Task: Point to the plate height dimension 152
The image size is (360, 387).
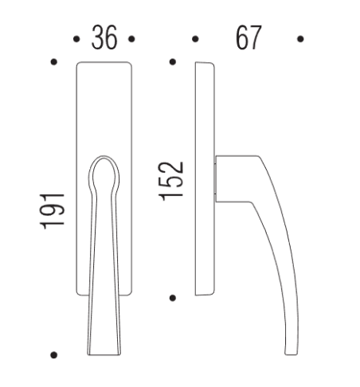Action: [174, 182]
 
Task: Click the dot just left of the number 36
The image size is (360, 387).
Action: [76, 37]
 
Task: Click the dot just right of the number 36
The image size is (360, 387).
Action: [131, 37]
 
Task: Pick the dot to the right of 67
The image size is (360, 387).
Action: [300, 37]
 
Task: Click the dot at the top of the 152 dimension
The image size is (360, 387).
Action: [174, 61]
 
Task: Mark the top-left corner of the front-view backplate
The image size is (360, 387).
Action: [77, 63]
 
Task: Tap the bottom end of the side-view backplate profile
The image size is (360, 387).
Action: [202, 295]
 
